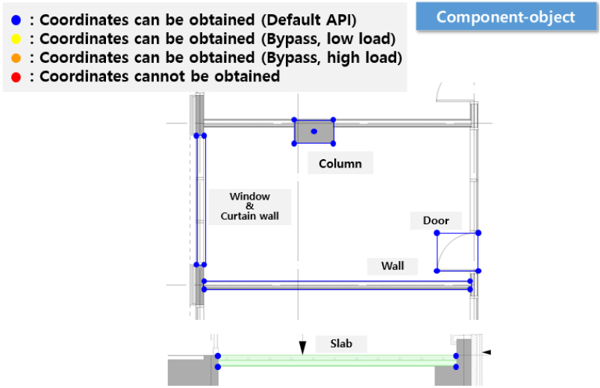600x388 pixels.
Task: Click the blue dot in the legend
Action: click(16, 20)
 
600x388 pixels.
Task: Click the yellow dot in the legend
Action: click(16, 39)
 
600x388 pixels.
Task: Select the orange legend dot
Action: click(16, 58)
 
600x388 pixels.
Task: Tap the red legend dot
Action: click(16, 78)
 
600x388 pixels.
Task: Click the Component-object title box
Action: click(506, 16)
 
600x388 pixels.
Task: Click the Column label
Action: click(340, 164)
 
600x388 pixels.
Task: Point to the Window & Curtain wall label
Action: click(250, 206)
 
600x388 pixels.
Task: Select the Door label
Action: click(436, 221)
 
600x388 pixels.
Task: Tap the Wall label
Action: click(393, 266)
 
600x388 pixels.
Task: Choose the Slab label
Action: click(341, 344)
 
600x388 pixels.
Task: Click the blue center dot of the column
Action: click(314, 132)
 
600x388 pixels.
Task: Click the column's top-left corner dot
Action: click(294, 120)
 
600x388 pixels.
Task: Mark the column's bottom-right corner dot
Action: click(334, 144)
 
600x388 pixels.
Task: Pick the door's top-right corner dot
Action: click(478, 233)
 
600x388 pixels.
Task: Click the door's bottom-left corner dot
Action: click(437, 271)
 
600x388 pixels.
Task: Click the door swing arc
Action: click(446, 246)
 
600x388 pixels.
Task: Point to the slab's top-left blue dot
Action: click(218, 356)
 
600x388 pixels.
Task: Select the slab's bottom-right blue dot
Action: click(456, 367)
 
